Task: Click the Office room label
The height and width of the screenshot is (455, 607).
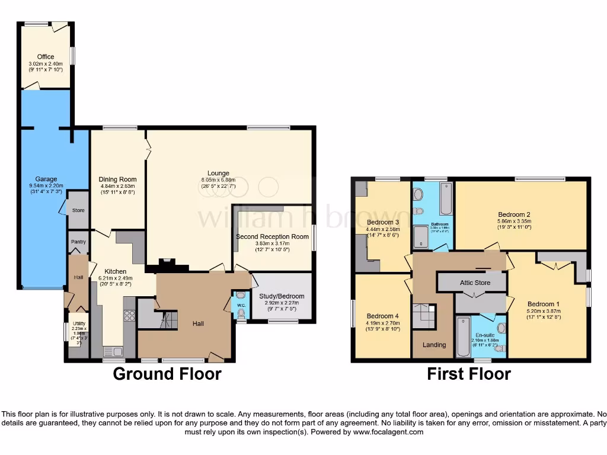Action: (46, 57)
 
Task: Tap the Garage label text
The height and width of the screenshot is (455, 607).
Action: (46, 179)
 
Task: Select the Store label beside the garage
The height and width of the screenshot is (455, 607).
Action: (78, 210)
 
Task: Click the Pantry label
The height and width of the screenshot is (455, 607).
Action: (78, 242)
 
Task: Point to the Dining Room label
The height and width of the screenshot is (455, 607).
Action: (117, 180)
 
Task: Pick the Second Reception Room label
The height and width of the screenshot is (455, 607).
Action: (272, 236)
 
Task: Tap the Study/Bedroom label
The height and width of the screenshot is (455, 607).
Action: (282, 296)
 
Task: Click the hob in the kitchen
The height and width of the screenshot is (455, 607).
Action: (129, 315)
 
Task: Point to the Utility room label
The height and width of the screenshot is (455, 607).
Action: (79, 323)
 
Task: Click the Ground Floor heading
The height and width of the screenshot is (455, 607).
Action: (167, 374)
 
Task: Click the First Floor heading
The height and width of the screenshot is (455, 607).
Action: (469, 374)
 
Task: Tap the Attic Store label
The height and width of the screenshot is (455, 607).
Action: (475, 283)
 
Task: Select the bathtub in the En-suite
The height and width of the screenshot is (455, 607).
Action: (463, 337)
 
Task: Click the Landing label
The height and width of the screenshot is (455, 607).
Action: (434, 345)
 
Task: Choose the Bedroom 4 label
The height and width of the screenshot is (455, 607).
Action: (382, 316)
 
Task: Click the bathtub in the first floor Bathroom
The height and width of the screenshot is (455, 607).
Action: (445, 198)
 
